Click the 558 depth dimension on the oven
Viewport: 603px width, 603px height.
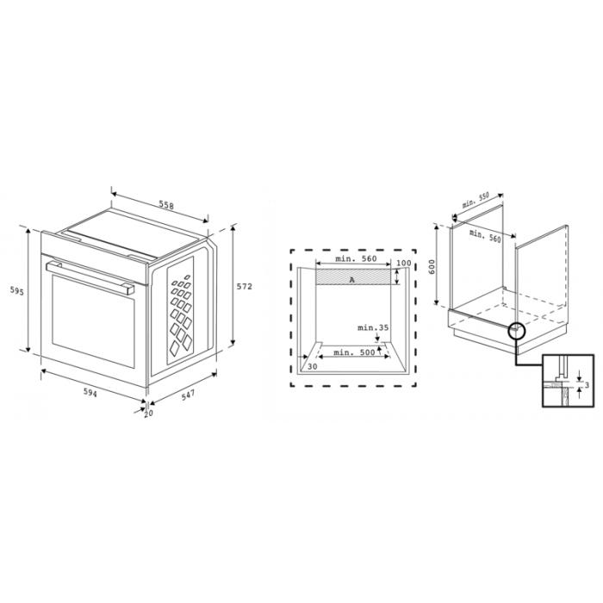click(x=166, y=206)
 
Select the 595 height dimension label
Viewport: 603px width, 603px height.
click(x=17, y=292)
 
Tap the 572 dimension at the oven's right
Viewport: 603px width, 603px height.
click(x=245, y=287)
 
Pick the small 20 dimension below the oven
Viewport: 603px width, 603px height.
click(x=148, y=413)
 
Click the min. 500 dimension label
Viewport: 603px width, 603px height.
click(x=354, y=351)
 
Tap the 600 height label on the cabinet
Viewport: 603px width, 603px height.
click(x=436, y=266)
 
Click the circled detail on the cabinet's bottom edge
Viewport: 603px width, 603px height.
click(x=517, y=330)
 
